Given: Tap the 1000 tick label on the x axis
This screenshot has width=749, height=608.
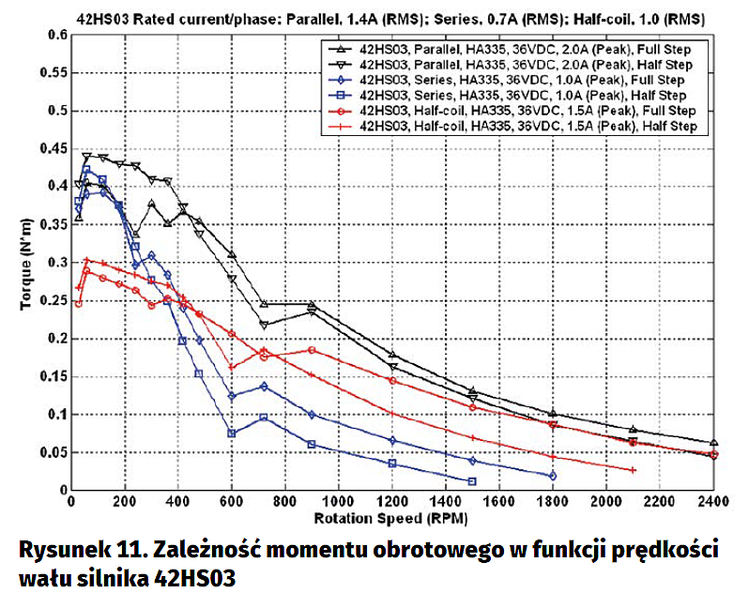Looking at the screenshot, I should tap(339, 501).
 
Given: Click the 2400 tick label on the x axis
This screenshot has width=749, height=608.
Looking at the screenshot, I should tap(713, 501).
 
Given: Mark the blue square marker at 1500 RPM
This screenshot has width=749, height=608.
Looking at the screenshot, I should tap(472, 481).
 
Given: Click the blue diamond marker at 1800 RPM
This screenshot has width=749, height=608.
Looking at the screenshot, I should tap(553, 476).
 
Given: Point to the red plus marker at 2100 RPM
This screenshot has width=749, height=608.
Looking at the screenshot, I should tap(633, 470).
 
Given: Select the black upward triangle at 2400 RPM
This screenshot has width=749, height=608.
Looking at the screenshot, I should tap(713, 442).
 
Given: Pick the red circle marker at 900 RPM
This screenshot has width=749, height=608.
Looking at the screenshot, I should tap(312, 350).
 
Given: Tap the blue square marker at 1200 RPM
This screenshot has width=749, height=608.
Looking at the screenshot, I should tap(392, 464).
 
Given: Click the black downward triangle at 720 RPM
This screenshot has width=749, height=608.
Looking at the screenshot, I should tap(264, 325).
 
